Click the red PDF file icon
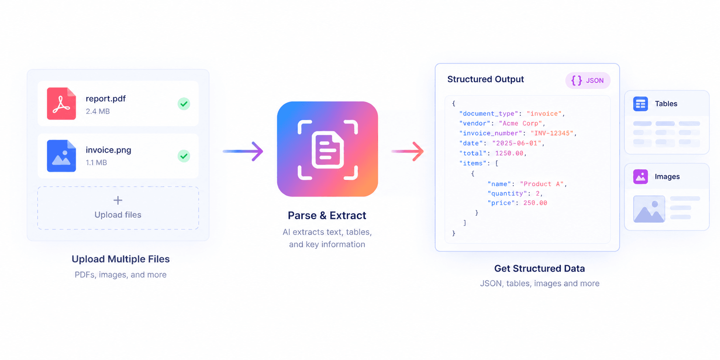click(61, 103)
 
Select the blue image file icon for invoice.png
click(61, 156)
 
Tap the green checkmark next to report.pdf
click(184, 104)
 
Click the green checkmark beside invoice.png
click(184, 156)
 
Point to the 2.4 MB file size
click(98, 111)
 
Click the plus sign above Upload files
click(118, 200)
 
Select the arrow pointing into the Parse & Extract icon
click(243, 151)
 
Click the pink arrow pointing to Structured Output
click(407, 151)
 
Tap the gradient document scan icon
click(328, 149)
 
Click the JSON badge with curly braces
click(588, 80)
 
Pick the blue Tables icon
click(640, 104)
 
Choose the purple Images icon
click(640, 177)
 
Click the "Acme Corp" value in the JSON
click(521, 123)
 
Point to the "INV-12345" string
click(552, 133)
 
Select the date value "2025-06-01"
click(517, 143)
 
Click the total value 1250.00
click(509, 153)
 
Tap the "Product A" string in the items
click(542, 184)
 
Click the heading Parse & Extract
click(327, 216)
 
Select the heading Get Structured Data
click(539, 268)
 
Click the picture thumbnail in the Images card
click(649, 209)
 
